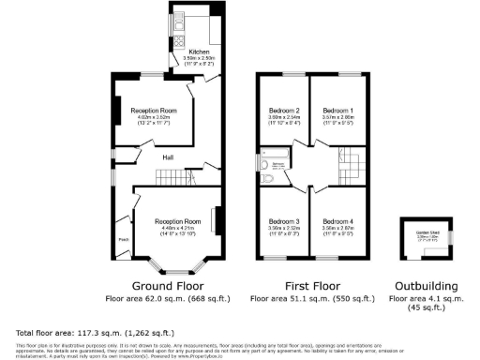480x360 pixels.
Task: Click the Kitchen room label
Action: tap(199, 51)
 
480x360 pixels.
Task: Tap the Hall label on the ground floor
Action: tap(169, 157)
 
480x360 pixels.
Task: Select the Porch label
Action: tap(122, 239)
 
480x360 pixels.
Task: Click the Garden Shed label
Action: tap(427, 234)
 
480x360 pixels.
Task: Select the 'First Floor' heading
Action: tap(313, 285)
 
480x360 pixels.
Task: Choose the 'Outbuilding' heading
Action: tap(427, 285)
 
